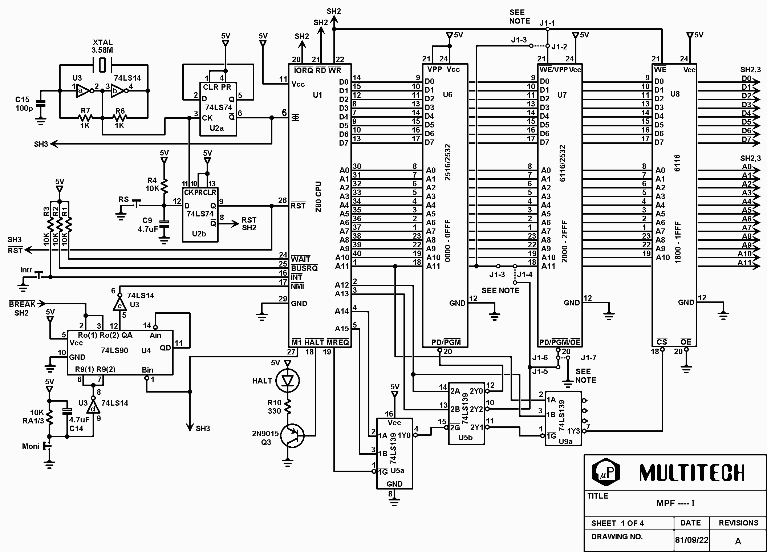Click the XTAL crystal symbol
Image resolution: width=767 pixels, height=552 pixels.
103,65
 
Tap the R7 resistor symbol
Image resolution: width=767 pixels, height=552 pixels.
85,118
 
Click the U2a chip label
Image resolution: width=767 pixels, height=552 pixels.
216,128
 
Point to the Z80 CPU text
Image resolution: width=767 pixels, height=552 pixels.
318,197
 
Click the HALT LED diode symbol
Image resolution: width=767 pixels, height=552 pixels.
288,381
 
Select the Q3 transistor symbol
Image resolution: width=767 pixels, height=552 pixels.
293,435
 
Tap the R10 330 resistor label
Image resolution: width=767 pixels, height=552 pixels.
275,407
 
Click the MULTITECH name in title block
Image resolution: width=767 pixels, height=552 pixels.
691,473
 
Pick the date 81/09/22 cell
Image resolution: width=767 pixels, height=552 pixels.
691,540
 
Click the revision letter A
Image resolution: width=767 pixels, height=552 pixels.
738,541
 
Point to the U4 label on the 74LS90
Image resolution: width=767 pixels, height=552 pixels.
146,350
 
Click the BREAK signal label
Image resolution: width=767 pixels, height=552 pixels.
22,304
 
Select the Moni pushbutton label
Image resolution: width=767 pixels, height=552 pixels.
31,446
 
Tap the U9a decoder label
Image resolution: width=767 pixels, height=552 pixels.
566,442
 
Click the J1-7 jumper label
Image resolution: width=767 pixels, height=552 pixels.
589,358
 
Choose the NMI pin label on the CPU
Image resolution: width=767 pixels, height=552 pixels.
297,287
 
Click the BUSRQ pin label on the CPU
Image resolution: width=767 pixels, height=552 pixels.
304,268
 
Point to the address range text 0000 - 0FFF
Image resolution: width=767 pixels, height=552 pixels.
447,241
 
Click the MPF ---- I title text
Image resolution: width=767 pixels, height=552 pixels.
675,503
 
